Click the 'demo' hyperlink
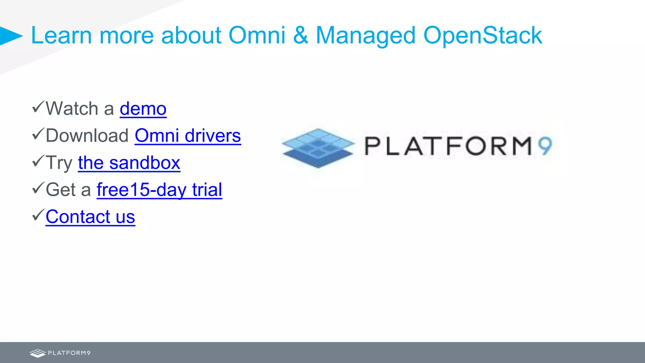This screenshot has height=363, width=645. pos(143,109)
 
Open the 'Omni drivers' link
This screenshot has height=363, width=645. pos(188,136)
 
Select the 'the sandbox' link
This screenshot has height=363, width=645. pos(129,163)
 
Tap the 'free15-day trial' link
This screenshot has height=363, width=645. pos(159,190)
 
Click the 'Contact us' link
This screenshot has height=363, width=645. pos(90,217)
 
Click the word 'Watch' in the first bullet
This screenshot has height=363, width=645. pos(72,109)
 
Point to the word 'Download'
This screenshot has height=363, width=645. pos(87,136)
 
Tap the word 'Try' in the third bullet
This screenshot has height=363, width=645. pos(59,163)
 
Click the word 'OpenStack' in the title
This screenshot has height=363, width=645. pos(482,35)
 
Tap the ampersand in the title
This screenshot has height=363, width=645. pos(300,35)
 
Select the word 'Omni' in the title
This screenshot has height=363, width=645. pos(257,35)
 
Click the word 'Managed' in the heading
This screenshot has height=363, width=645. pos(366,35)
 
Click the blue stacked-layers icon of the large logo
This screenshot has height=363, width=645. pos(318,148)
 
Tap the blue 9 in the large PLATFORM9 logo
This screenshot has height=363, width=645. pos(545,146)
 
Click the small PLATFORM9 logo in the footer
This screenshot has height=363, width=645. pos(60,353)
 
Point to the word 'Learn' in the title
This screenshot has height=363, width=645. pos(61,35)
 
